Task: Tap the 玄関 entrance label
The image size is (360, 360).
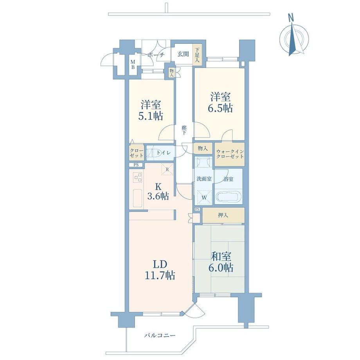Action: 183,54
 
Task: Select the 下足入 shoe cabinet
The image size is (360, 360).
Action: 197,54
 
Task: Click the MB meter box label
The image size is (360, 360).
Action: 133,64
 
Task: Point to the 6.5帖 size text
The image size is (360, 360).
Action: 220,108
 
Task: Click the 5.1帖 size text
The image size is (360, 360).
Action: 151,116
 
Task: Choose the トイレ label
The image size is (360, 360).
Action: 164,153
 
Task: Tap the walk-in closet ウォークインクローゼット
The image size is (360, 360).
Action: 230,154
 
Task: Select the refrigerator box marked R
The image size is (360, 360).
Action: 167,169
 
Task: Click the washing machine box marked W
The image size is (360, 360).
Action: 204,197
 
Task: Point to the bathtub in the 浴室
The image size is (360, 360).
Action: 229,196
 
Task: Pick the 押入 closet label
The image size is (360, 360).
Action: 223,215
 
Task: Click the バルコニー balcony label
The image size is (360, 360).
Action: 160,335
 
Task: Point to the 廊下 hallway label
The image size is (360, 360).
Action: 184,130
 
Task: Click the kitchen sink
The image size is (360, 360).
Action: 138,198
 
